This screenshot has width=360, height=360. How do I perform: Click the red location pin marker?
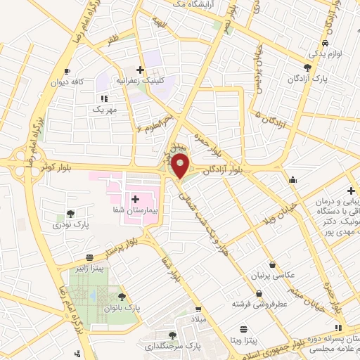coord(181,167)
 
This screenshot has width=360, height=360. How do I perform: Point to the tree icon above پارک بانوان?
coord(122,297)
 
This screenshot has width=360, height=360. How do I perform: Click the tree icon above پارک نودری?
coord(69,214)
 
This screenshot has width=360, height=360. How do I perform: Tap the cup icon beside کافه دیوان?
coord(66,72)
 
